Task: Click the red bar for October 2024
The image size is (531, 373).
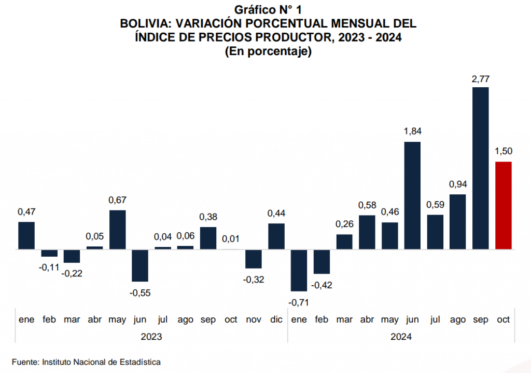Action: [504, 205]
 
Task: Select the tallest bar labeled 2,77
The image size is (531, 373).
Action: [481, 168]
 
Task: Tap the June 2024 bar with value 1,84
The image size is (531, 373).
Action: [412, 195]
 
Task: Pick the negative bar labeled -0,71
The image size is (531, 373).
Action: [299, 270]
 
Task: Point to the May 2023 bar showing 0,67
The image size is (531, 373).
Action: [117, 230]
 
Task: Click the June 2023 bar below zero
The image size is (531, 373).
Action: [140, 265]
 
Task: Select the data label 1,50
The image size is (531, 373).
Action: [504, 151]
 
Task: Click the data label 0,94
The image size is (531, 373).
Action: [458, 184]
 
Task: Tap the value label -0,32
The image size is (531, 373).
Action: [254, 279]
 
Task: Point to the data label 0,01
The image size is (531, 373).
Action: [231, 239]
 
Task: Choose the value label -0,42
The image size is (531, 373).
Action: [322, 285]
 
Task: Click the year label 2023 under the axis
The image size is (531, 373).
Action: [151, 337]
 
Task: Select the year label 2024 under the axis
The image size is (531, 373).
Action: [401, 337]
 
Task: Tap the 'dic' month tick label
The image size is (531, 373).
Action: [276, 319]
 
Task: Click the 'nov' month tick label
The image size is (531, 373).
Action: [254, 319]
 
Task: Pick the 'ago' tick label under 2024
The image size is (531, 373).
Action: [458, 319]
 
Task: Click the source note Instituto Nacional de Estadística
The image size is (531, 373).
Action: [101, 362]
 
